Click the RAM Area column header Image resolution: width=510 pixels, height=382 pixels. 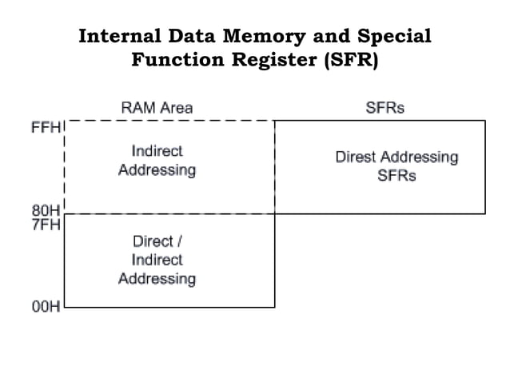point(157,108)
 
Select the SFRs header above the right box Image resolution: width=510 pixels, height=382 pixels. point(384,108)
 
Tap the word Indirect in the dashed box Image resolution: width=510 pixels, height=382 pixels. point(157,150)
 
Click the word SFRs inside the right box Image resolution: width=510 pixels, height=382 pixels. point(396,176)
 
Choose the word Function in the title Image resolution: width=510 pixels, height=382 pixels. point(173,61)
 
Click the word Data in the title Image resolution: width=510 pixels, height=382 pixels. point(191,37)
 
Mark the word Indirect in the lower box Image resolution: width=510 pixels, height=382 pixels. point(157,260)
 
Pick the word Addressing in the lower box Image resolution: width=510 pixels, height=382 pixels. point(157,279)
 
